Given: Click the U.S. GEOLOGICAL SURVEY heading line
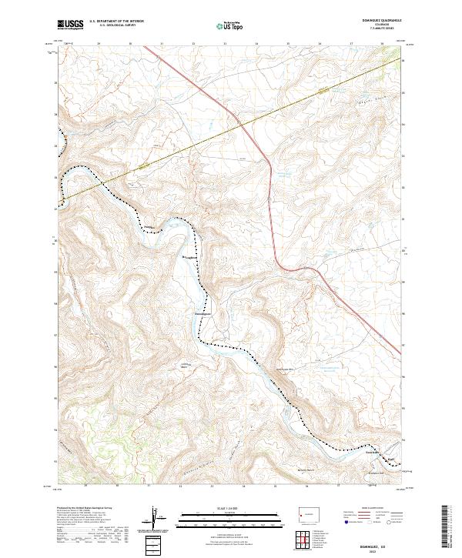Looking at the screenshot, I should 116,25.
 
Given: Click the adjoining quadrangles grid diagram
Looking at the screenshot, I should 306,540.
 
